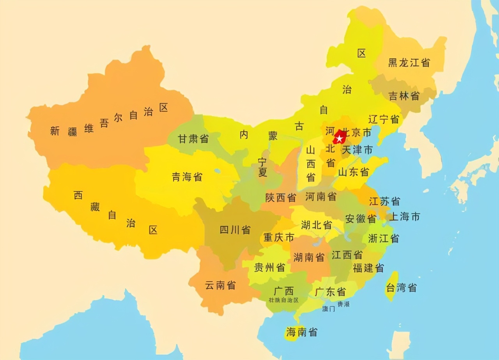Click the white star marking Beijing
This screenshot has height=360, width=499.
[x=340, y=138]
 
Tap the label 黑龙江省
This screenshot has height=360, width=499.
[x=409, y=63]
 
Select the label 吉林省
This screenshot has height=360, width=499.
[x=404, y=96]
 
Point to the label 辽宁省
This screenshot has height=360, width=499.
[x=384, y=119]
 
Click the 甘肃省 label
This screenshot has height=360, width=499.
[x=193, y=139]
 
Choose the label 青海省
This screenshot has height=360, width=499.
[x=187, y=177]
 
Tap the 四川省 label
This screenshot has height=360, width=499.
[x=235, y=230]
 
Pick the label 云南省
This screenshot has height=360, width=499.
[x=220, y=285]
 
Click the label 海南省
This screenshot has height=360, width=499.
[x=302, y=332]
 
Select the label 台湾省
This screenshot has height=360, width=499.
[x=402, y=288]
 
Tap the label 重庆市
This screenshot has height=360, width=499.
[x=279, y=237]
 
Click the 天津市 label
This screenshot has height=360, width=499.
[x=357, y=150]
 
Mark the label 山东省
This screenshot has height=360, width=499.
[x=354, y=172]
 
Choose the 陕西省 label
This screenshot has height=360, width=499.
[x=281, y=198]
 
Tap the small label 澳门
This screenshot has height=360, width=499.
[x=329, y=309]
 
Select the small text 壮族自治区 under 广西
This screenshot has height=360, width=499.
[x=284, y=300]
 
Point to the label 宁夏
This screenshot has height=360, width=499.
[x=263, y=167]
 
